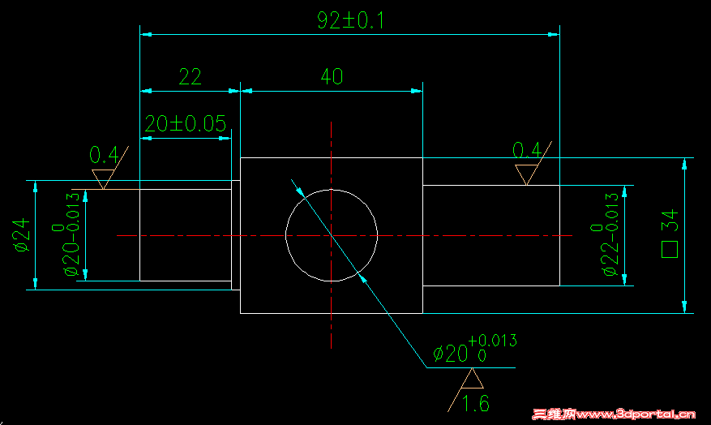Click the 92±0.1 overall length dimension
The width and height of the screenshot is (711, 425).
[350, 20]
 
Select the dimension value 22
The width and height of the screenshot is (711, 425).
[190, 77]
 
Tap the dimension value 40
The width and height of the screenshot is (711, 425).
[332, 77]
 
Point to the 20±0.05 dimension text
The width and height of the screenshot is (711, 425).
[186, 123]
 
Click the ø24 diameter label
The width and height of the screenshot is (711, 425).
[22, 235]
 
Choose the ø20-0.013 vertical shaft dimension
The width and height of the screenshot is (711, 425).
[66, 234]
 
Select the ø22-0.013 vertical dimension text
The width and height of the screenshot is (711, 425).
[606, 234]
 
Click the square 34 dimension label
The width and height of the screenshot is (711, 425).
[670, 234]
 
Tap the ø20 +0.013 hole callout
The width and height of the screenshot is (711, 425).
[475, 348]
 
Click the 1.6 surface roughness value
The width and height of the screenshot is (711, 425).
[476, 404]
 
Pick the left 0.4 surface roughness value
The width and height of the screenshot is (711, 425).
[104, 155]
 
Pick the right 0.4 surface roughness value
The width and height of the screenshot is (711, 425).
[527, 150]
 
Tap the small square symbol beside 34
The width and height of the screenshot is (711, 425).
[670, 250]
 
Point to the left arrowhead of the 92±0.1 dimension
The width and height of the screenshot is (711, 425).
[146, 35]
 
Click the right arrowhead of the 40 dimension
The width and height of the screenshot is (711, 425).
[417, 91]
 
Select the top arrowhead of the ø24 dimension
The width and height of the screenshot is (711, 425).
[36, 187]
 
